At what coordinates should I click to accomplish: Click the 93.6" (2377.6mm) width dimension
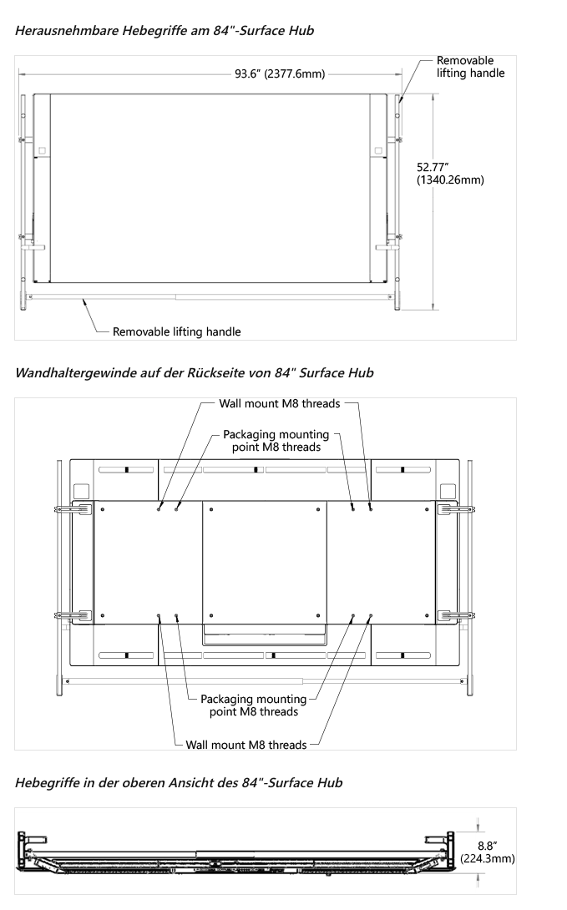280,73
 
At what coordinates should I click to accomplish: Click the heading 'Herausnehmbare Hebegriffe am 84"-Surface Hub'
165,31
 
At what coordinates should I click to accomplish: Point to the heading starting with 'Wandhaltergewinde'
195,373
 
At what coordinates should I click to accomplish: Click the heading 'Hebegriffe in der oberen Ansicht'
179,783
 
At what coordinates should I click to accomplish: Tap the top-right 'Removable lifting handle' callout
470,67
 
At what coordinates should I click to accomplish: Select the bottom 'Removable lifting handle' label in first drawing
177,331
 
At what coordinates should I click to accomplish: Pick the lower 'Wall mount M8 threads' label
246,743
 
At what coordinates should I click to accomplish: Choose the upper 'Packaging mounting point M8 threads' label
276,440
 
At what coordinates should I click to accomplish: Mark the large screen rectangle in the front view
210,188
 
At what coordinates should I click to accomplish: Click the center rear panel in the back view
265,563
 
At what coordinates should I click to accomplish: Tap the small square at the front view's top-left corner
39,151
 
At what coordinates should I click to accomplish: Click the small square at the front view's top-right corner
380,151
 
